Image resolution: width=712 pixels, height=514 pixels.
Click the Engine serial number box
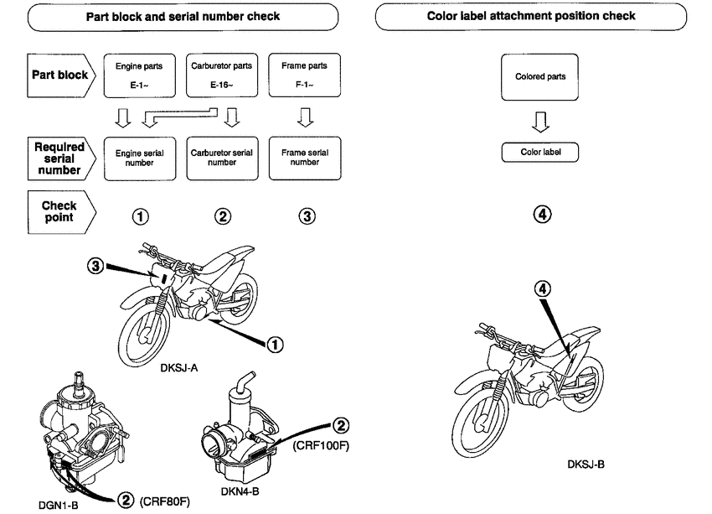coord(139,158)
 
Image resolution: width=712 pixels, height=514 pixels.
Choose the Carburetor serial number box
coord(222,158)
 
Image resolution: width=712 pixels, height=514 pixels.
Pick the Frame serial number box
coord(305,158)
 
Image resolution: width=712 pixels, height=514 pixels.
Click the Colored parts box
coord(539,77)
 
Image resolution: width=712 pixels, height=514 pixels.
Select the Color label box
coord(539,153)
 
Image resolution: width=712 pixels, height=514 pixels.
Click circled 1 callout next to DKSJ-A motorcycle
coord(274,343)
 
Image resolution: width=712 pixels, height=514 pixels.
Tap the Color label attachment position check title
coord(542,16)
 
